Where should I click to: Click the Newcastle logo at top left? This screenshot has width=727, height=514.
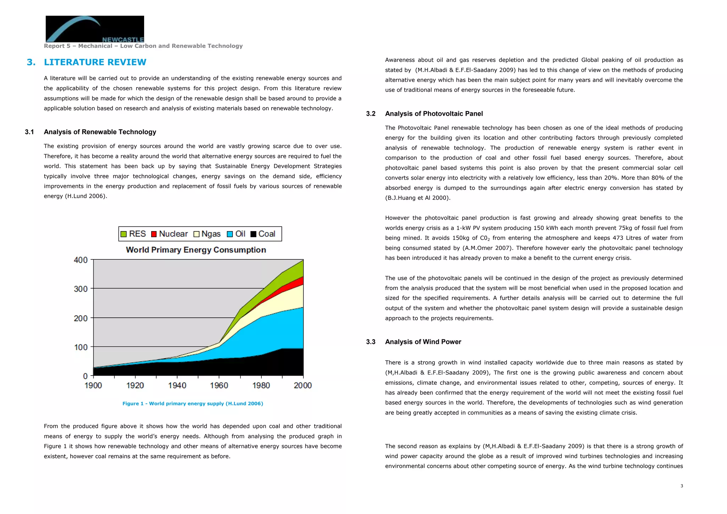(x=95, y=29)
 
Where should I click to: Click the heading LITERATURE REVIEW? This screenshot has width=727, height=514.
(x=95, y=62)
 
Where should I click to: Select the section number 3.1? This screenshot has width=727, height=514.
(x=29, y=132)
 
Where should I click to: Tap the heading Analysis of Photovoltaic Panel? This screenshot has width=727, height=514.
(x=434, y=114)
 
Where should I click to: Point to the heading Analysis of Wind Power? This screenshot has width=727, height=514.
(x=423, y=342)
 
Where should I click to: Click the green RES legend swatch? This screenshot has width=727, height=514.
(x=124, y=234)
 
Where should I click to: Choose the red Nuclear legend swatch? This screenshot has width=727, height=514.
(x=154, y=234)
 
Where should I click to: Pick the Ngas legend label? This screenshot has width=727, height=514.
(x=211, y=234)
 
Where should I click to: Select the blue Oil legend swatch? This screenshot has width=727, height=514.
(x=230, y=234)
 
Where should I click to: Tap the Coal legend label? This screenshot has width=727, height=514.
(x=267, y=234)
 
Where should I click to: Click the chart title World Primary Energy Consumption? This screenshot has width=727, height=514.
(x=196, y=250)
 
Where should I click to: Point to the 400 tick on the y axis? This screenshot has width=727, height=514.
(x=81, y=260)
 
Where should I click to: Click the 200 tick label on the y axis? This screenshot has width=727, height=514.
(x=81, y=318)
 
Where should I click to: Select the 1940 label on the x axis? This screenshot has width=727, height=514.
(x=177, y=385)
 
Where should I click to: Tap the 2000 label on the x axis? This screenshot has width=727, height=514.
(x=303, y=385)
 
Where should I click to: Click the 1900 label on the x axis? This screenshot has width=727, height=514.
(x=93, y=385)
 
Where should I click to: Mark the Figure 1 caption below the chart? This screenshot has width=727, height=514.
(x=193, y=404)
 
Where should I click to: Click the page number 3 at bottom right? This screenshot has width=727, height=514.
(x=682, y=486)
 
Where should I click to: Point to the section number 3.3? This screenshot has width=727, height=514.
(x=371, y=342)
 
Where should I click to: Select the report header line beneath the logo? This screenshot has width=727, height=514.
(x=143, y=46)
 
